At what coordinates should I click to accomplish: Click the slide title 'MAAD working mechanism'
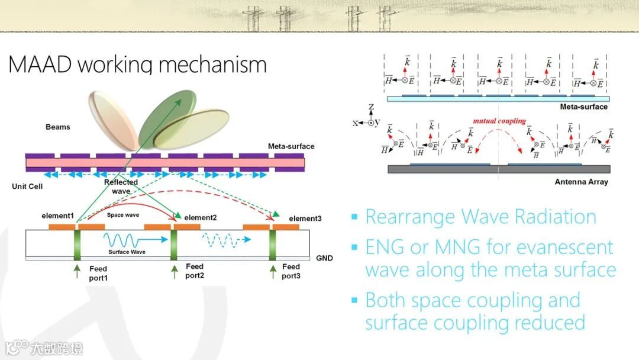pyautogui.click(x=137, y=64)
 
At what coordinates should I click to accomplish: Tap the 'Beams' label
pyautogui.click(x=57, y=127)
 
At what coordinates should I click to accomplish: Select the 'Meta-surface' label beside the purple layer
pyautogui.click(x=291, y=147)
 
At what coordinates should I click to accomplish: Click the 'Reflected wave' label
pyautogui.click(x=121, y=187)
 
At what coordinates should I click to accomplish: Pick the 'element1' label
pyautogui.click(x=57, y=216)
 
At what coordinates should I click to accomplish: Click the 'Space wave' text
pyautogui.click(x=123, y=215)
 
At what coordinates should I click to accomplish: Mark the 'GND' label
pyautogui.click(x=324, y=258)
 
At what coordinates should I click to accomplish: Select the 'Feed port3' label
pyautogui.click(x=291, y=271)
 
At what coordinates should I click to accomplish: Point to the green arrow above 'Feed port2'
pyautogui.click(x=175, y=271)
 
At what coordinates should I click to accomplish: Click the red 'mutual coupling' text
pyautogui.click(x=499, y=121)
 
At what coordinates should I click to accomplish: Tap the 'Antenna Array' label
pyautogui.click(x=581, y=182)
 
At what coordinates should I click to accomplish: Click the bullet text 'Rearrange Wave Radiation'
pyautogui.click(x=480, y=217)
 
